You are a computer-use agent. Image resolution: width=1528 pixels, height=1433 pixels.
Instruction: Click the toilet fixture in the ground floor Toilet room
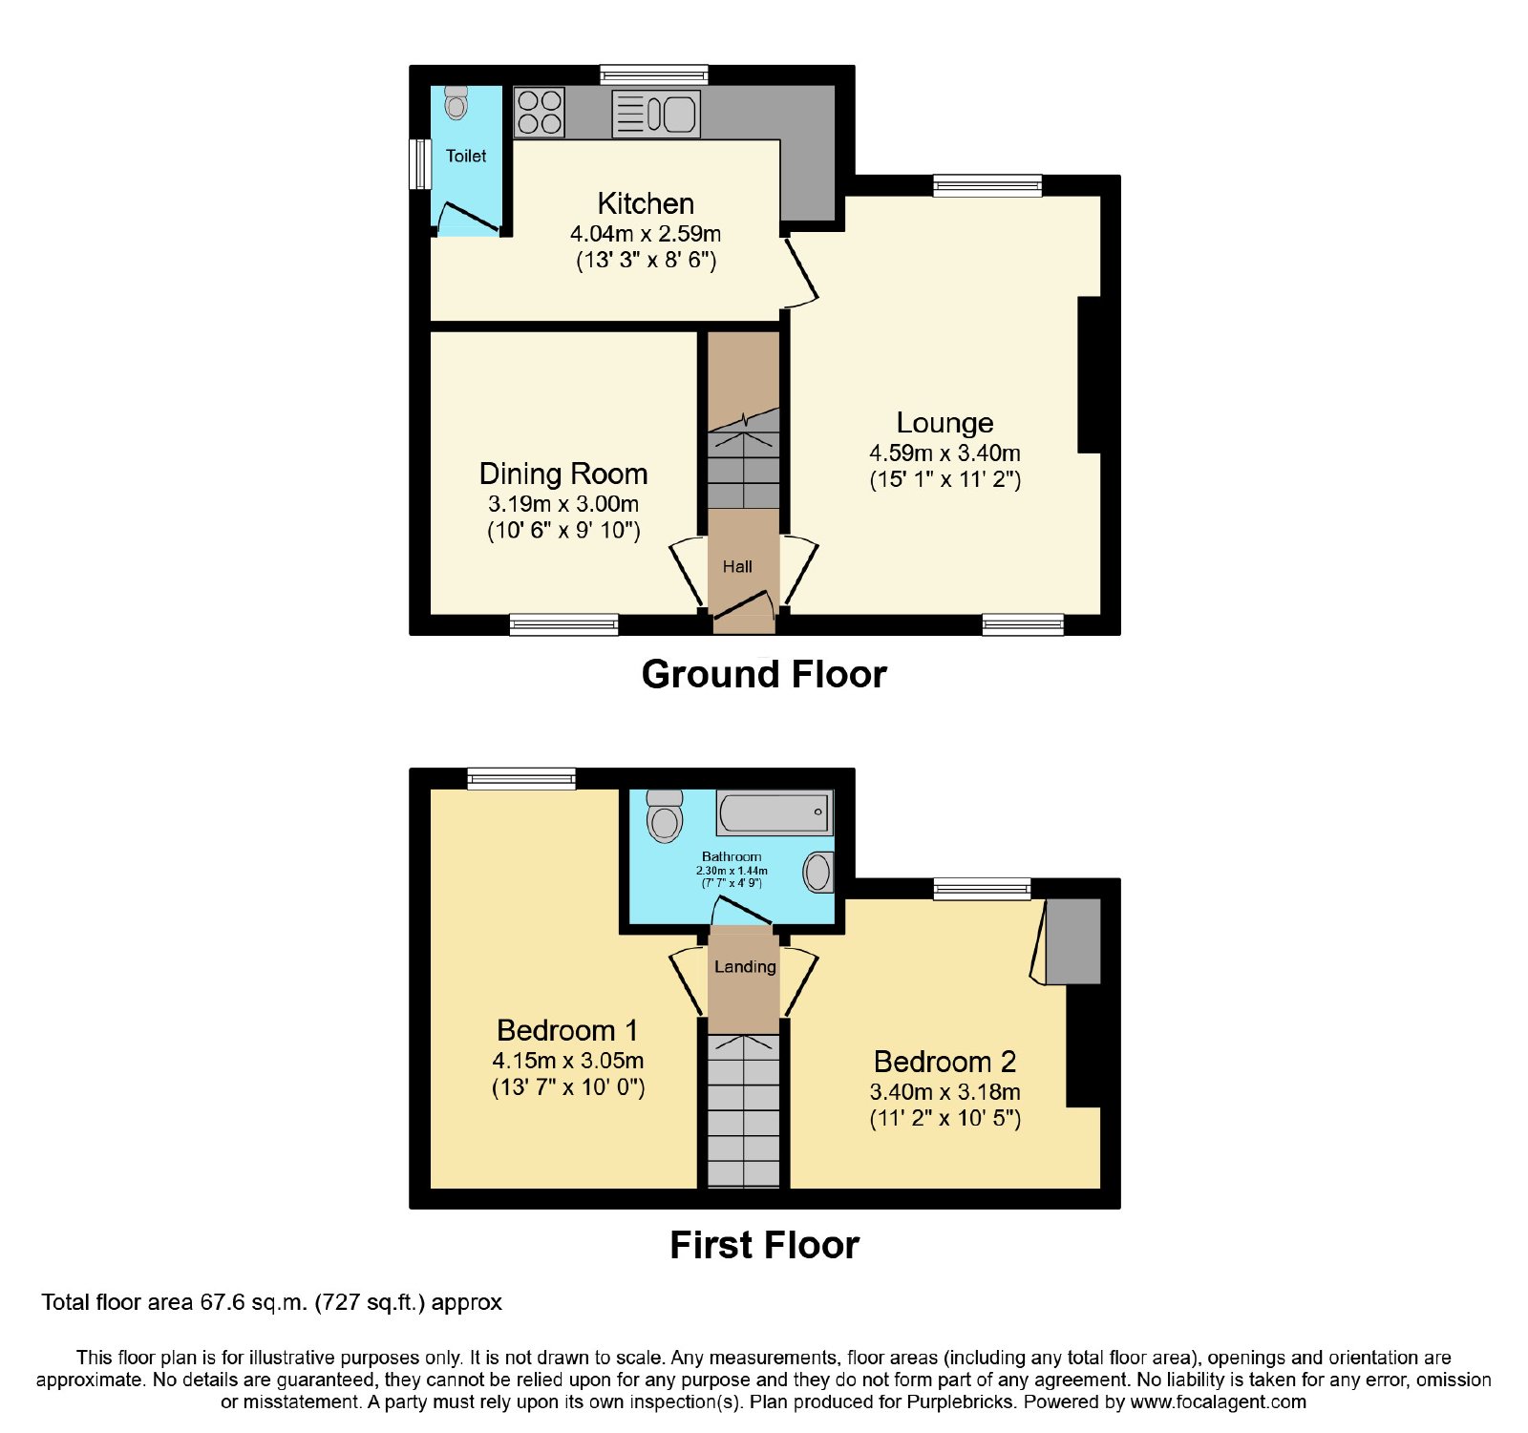coord(456,102)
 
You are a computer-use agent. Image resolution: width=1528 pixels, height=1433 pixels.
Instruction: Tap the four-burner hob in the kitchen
coord(540,113)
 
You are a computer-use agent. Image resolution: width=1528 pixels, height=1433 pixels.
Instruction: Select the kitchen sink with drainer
coord(656,114)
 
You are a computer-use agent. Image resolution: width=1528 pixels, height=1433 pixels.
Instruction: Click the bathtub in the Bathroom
coord(775,813)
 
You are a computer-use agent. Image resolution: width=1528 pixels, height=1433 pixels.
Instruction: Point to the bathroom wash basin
coord(817,872)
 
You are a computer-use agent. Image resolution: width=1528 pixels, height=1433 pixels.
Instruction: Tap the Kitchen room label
coord(646,203)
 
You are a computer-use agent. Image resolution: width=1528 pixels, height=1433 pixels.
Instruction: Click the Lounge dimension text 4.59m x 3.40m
coord(944,453)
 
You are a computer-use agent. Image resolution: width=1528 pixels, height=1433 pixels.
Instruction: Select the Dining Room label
coord(563,474)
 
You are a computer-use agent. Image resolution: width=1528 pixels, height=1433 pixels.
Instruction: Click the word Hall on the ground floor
coord(737,566)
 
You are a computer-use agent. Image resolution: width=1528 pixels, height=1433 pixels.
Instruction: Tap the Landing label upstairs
coord(745,966)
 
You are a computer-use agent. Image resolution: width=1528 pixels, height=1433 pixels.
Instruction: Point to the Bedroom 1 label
coord(567,1030)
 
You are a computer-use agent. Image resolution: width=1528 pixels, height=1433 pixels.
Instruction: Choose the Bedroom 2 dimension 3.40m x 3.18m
coord(944,1092)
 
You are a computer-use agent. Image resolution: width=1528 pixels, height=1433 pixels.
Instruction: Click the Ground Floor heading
coord(764,674)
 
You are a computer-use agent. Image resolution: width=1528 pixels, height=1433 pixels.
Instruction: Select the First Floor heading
coord(764,1245)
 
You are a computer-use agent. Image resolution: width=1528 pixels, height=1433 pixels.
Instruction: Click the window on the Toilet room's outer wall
coord(420,164)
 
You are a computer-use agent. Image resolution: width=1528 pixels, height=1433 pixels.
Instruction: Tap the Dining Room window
coord(563,625)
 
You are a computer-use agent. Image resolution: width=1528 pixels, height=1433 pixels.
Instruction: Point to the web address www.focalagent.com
coord(1218,1402)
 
